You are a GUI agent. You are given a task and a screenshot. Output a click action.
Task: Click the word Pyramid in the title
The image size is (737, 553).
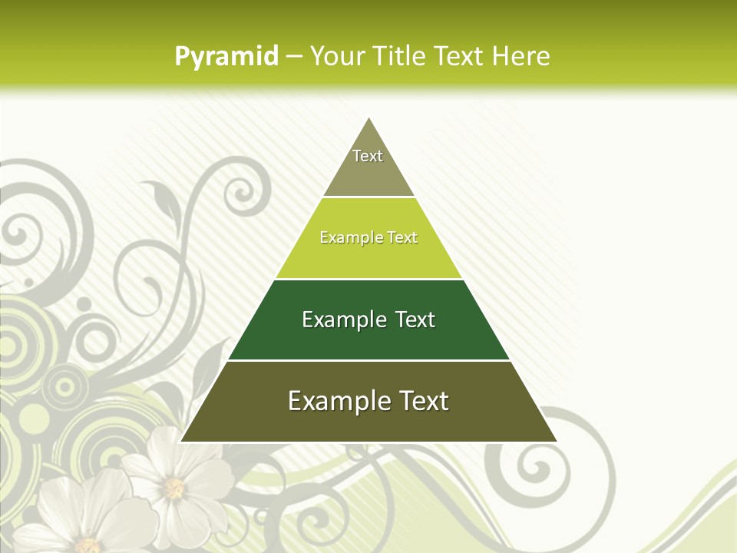[x=226, y=57]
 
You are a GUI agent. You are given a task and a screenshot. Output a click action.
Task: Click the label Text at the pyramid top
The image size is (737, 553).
[x=368, y=156]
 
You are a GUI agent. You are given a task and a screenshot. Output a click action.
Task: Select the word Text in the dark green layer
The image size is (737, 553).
[x=415, y=320]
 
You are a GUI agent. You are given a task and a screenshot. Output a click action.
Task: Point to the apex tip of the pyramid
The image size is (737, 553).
[x=369, y=118]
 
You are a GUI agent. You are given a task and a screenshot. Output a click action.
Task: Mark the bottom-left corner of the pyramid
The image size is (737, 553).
[x=181, y=442]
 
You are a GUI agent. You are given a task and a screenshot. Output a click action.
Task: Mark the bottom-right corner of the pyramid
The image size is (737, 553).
[x=557, y=442]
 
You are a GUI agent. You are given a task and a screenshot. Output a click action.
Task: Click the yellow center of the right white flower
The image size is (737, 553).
[x=175, y=487]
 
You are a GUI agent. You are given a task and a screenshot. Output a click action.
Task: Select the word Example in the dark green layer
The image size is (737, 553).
[x=343, y=320]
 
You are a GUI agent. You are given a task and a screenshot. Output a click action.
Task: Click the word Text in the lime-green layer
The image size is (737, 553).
[x=402, y=237]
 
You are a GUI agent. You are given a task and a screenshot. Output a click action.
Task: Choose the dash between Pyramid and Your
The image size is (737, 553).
[x=293, y=57]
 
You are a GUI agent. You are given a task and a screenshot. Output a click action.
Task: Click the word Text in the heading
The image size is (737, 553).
[x=459, y=56]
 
